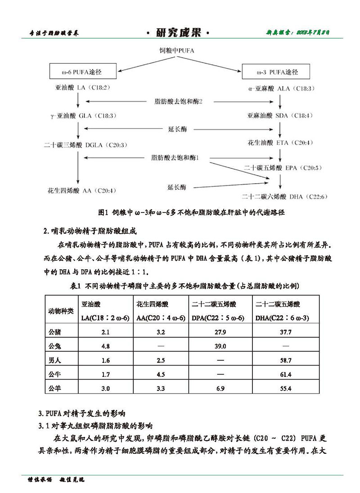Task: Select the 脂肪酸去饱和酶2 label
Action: [178, 102]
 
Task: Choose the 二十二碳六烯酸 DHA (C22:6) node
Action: [283, 196]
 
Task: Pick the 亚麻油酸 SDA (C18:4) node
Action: [279, 116]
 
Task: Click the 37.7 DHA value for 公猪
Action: [286, 332]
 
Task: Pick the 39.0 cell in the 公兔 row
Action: [220, 347]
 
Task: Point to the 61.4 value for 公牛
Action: [286, 375]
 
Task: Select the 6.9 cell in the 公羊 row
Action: [220, 389]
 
